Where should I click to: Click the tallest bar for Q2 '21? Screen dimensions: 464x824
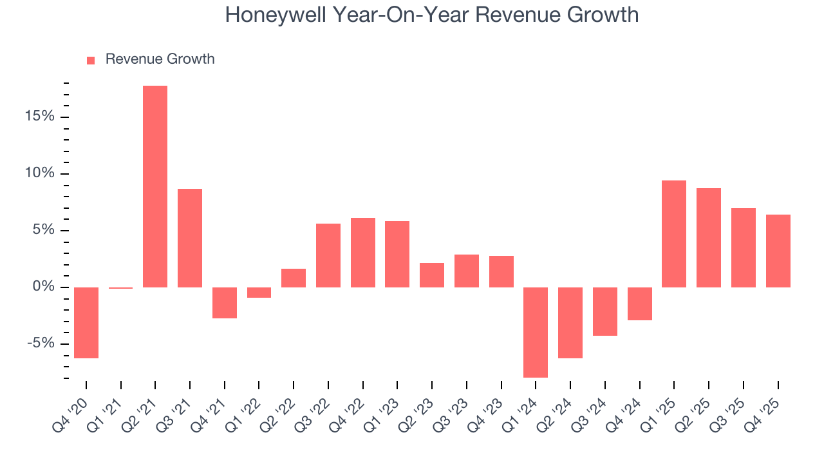155,186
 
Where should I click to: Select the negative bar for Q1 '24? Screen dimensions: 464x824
536,332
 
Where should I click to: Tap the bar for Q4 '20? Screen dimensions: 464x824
86,322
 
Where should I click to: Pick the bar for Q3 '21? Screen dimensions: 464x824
190,238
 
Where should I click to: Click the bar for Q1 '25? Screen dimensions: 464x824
674,234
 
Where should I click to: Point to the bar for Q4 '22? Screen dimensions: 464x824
363,253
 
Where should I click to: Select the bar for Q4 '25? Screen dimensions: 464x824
778,251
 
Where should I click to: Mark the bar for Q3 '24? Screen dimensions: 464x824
605,311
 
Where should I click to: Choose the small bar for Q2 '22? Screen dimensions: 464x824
294,278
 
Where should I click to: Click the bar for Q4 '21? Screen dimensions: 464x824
225,302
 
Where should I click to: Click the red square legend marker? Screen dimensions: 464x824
91,60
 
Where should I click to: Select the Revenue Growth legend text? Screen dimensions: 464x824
160,59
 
